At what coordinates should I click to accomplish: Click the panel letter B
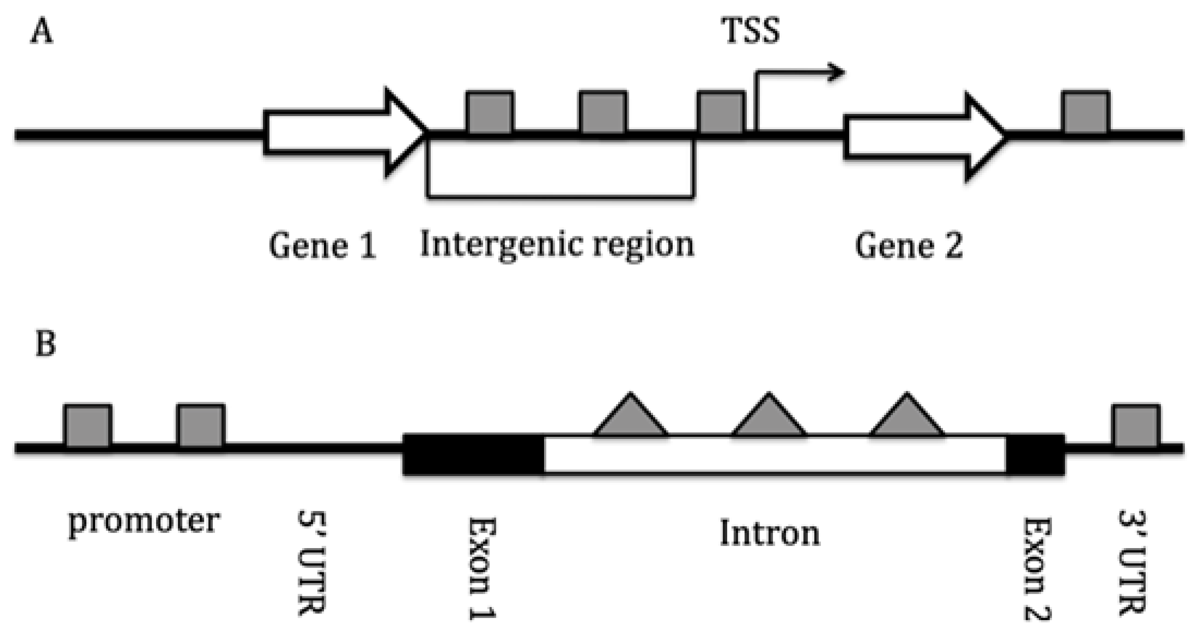[x=45, y=344]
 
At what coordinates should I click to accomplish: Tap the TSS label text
[x=750, y=31]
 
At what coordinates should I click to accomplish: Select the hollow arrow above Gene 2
[x=924, y=137]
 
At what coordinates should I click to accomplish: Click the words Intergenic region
[x=557, y=244]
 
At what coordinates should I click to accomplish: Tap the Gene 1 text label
[x=322, y=246]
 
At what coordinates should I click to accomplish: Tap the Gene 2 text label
[x=908, y=246]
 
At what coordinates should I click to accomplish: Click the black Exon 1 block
[x=473, y=454]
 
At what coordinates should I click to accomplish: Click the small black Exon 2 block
[x=1035, y=454]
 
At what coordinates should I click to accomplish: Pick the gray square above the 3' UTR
[x=1136, y=426]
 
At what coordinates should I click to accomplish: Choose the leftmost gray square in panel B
[x=88, y=426]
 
